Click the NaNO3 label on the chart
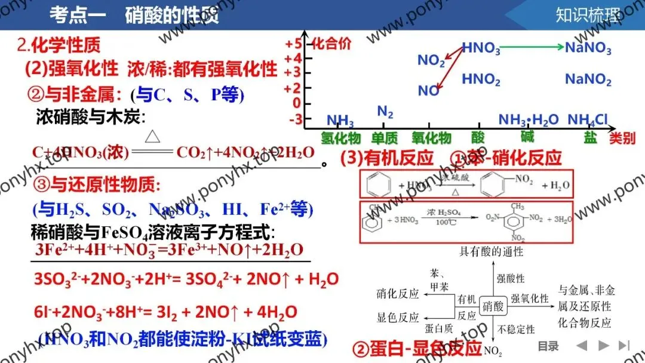tap(588, 48)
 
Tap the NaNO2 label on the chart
tap(588, 79)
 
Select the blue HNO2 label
tap(481, 79)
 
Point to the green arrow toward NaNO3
tap(530, 47)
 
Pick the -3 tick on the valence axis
tap(295, 119)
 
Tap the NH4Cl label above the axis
tap(587, 120)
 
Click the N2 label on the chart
tap(385, 111)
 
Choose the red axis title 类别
tap(622, 139)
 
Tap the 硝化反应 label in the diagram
tap(398, 294)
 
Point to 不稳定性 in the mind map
tap(515, 329)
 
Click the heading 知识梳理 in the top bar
tap(587, 14)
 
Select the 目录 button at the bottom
tap(548, 346)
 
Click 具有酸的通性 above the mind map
tap(492, 251)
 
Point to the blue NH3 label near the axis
tap(340, 121)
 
